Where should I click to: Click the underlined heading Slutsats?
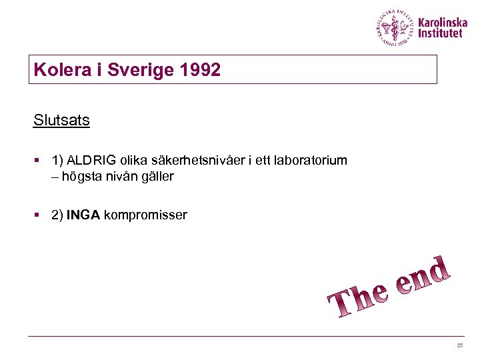click(x=61, y=121)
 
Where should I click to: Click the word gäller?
click(x=158, y=177)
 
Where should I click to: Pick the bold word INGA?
click(x=83, y=215)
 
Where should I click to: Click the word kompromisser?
click(x=145, y=215)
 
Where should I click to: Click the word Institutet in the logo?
click(x=439, y=33)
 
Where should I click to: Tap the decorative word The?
click(x=358, y=301)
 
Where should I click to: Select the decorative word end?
click(x=424, y=275)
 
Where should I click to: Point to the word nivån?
click(x=121, y=177)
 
